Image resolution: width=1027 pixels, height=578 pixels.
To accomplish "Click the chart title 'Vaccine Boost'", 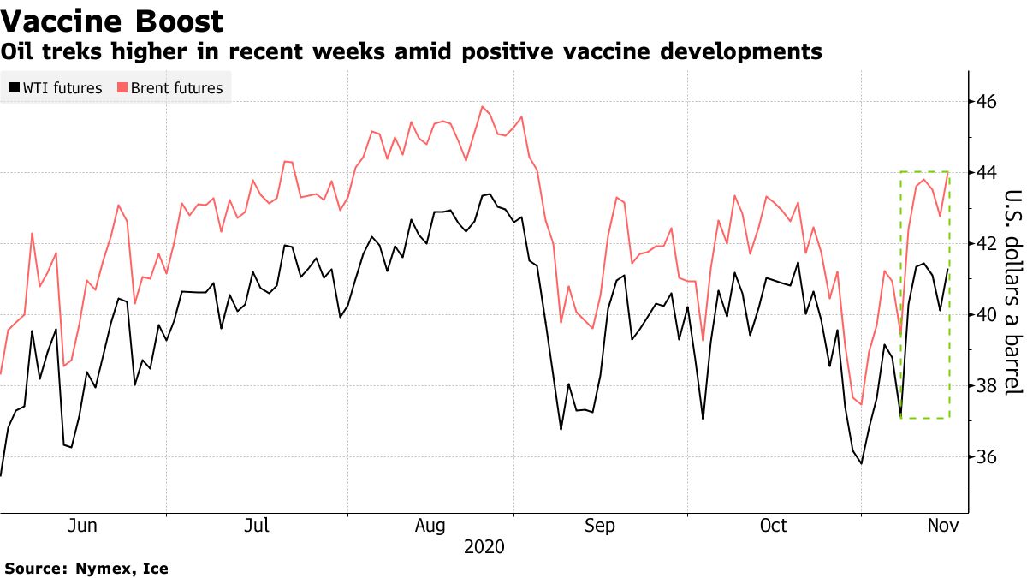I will [x=112, y=21].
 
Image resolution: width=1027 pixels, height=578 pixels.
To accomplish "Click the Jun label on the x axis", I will [x=83, y=526].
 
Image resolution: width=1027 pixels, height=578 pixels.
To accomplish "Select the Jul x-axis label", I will [x=258, y=526].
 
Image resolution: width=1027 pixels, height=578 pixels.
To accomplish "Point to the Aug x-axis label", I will [x=430, y=526].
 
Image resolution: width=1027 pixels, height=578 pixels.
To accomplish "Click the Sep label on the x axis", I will [x=599, y=526].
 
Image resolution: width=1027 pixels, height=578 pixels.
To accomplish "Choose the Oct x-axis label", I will [x=774, y=526].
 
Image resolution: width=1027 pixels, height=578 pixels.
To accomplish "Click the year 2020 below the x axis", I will [x=484, y=546].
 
